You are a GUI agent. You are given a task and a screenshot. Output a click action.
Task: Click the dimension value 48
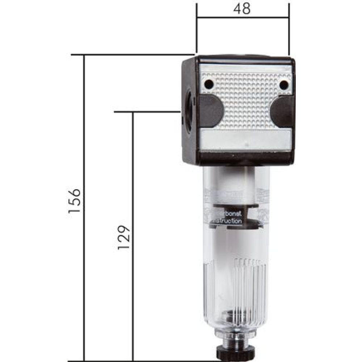tap(243, 9)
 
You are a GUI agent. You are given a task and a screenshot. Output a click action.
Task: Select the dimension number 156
tap(74, 201)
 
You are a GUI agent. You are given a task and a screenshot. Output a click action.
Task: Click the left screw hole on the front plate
tap(209, 84)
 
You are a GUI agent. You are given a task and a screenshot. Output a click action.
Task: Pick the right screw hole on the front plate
tap(284, 85)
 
